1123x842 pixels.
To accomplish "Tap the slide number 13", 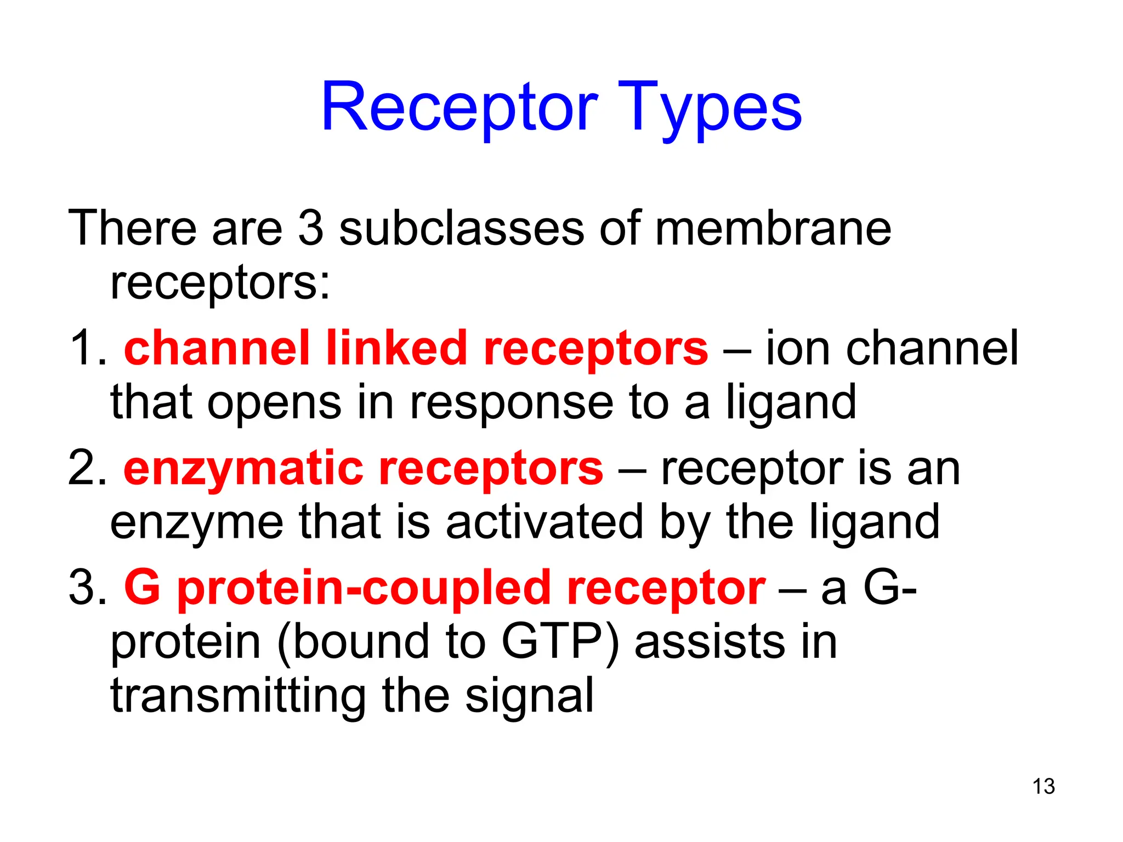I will pyautogui.click(x=1043, y=786).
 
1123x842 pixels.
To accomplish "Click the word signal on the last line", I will pyautogui.click(x=529, y=695).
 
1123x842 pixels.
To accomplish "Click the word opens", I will pyautogui.click(x=274, y=402).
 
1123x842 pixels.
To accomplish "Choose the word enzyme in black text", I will pyautogui.click(x=196, y=522).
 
